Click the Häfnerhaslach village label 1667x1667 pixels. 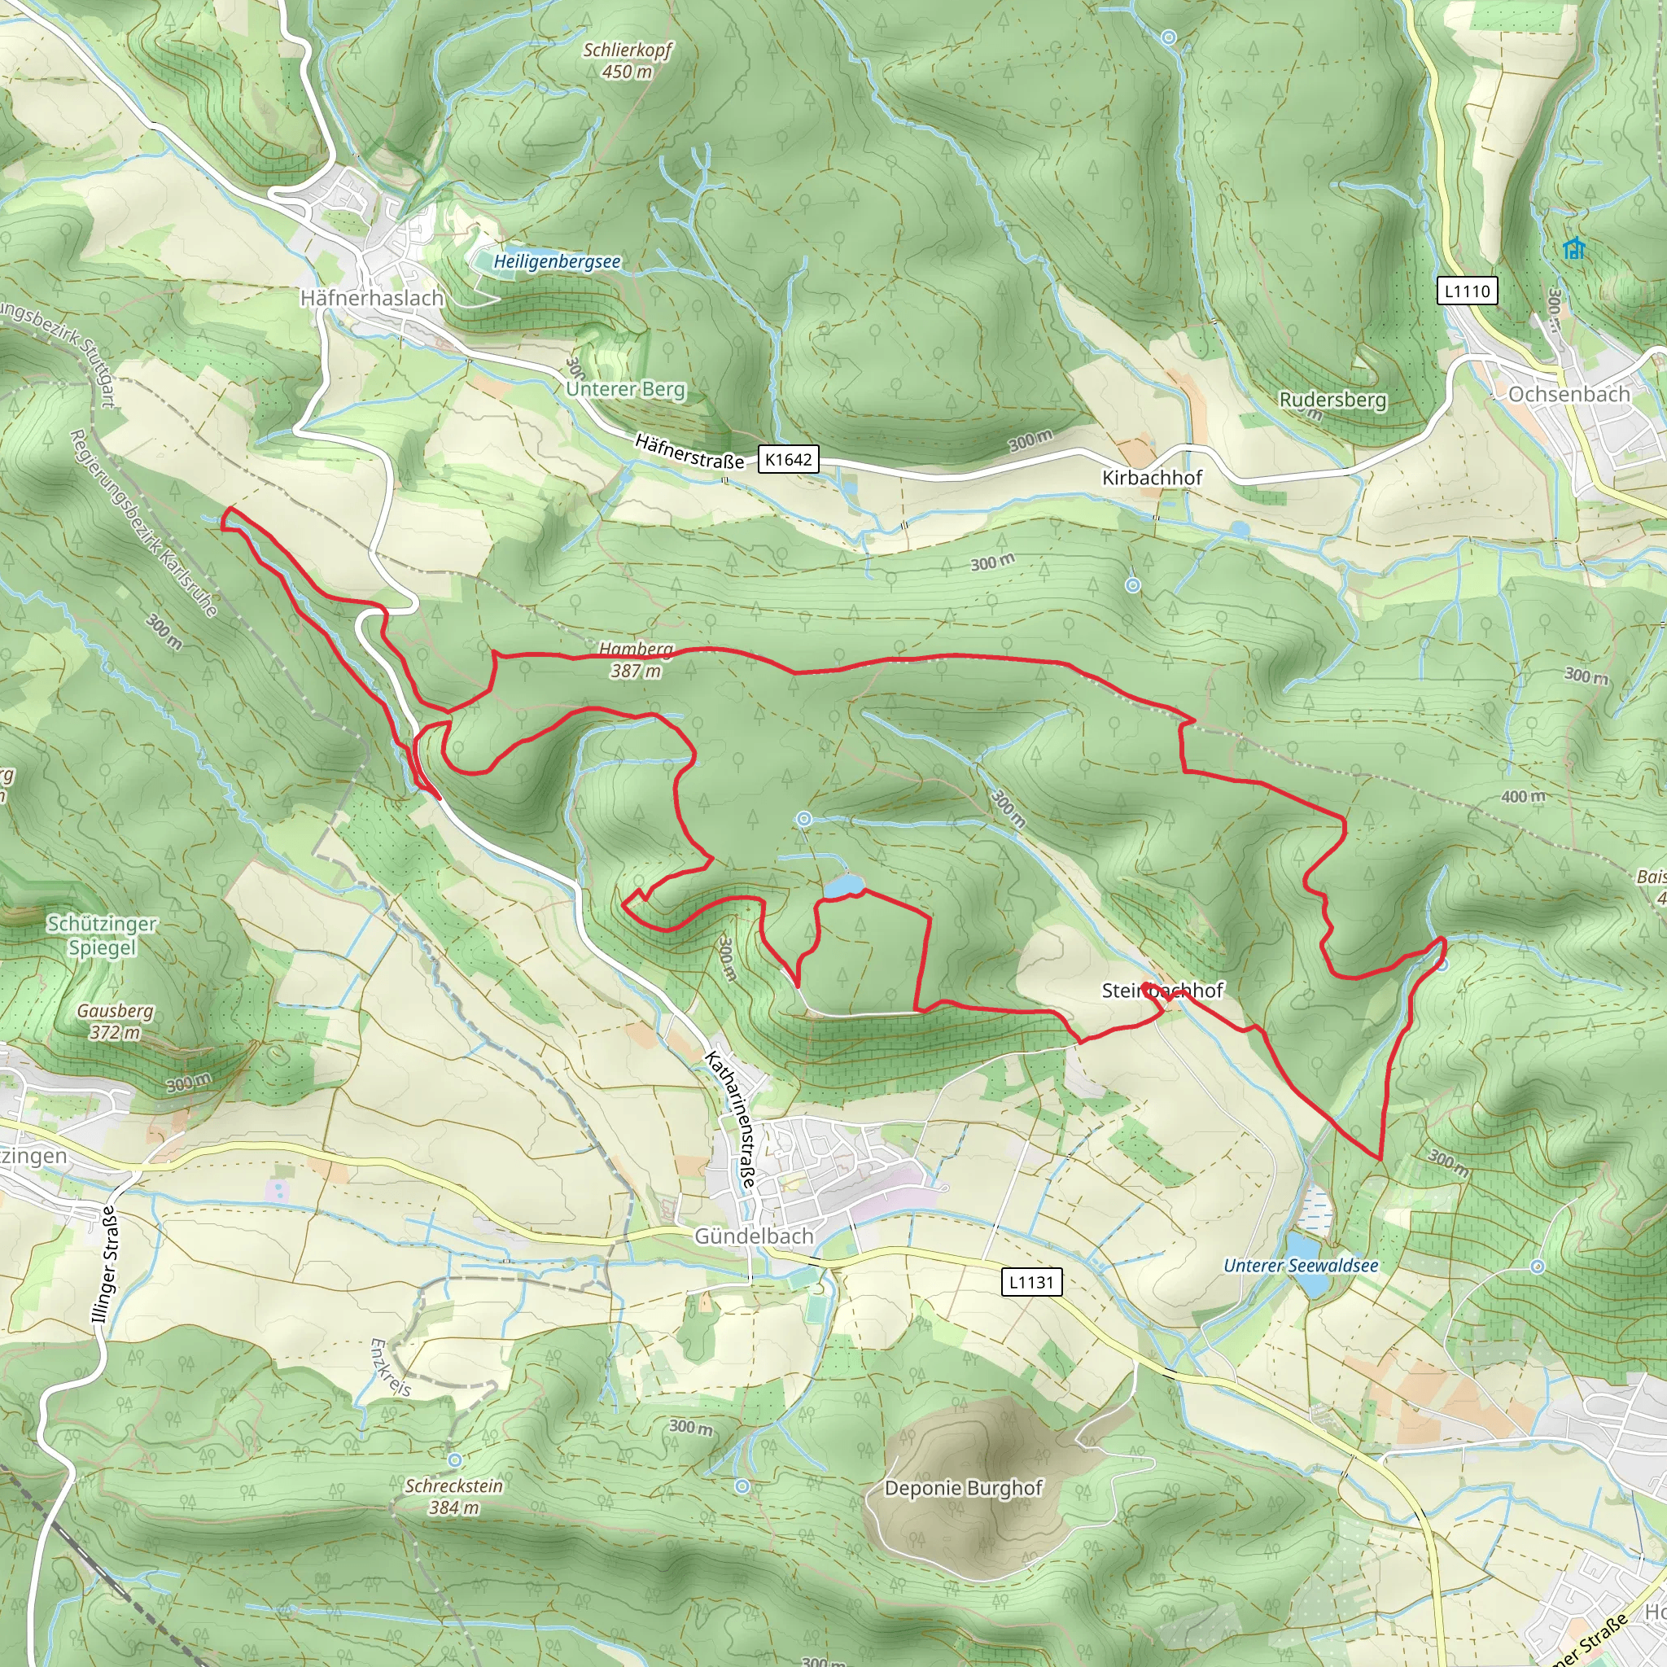point(372,298)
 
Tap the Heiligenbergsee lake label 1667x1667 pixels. point(557,261)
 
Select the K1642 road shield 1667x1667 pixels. point(788,459)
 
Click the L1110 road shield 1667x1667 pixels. point(1467,291)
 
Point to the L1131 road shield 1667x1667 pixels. point(1032,1282)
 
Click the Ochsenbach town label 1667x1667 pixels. point(1569,394)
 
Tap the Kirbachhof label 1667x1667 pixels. point(1151,477)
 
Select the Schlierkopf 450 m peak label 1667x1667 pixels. point(628,60)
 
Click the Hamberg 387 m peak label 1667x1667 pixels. point(636,660)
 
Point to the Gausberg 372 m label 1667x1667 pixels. point(115,1021)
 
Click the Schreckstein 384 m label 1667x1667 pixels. point(454,1496)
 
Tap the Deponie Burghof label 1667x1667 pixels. point(963,1489)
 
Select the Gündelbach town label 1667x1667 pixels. point(753,1236)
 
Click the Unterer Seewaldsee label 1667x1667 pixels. point(1300,1266)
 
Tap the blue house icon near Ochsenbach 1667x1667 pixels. point(1574,249)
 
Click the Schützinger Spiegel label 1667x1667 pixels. point(102,935)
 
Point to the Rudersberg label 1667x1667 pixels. point(1332,400)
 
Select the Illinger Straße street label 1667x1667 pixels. point(104,1265)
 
